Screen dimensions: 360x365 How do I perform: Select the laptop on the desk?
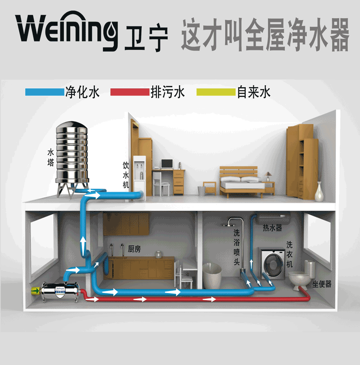(167, 164)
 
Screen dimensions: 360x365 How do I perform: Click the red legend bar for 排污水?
(130, 92)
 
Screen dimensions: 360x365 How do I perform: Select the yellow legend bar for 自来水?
(216, 92)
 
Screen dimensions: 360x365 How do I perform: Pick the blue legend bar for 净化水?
(45, 92)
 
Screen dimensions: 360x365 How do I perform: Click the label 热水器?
(273, 227)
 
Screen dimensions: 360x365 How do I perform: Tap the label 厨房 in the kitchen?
(134, 249)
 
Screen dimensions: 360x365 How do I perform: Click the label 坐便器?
(322, 284)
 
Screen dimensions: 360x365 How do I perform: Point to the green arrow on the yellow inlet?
(36, 291)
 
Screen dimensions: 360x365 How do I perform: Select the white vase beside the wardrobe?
(319, 191)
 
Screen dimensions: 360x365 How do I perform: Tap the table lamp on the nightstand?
(268, 177)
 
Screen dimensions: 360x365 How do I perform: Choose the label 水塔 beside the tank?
(51, 157)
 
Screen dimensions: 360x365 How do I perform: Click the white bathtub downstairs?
(212, 276)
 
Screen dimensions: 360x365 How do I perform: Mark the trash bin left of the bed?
(201, 191)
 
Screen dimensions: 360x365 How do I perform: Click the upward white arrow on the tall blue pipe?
(83, 243)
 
